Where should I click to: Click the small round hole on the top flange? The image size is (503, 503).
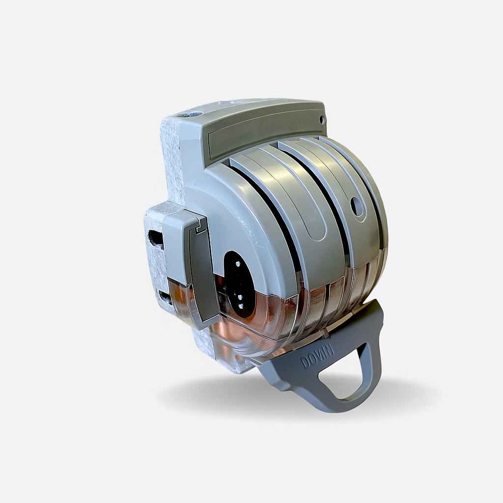(322, 120)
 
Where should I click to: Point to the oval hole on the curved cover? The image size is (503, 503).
(357, 207)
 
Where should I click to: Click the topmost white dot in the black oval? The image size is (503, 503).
(238, 264)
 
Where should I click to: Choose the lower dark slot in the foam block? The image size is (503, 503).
(165, 298)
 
